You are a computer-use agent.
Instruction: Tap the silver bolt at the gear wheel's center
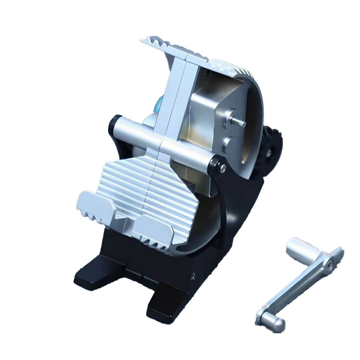269,153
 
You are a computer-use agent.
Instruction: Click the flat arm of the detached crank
299,288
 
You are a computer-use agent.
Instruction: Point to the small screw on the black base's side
194,275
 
